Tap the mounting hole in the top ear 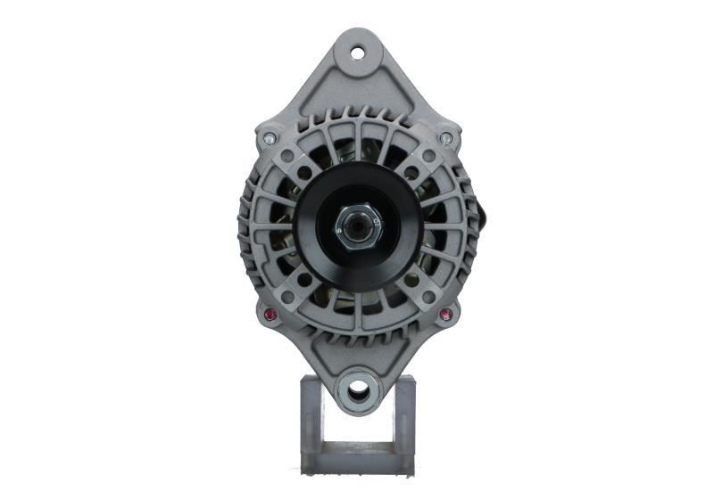click(358, 52)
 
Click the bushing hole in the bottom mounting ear click(359, 390)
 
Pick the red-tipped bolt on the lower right click(445, 314)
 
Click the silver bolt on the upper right click(446, 138)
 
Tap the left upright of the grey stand click(310, 419)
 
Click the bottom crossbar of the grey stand click(357, 462)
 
